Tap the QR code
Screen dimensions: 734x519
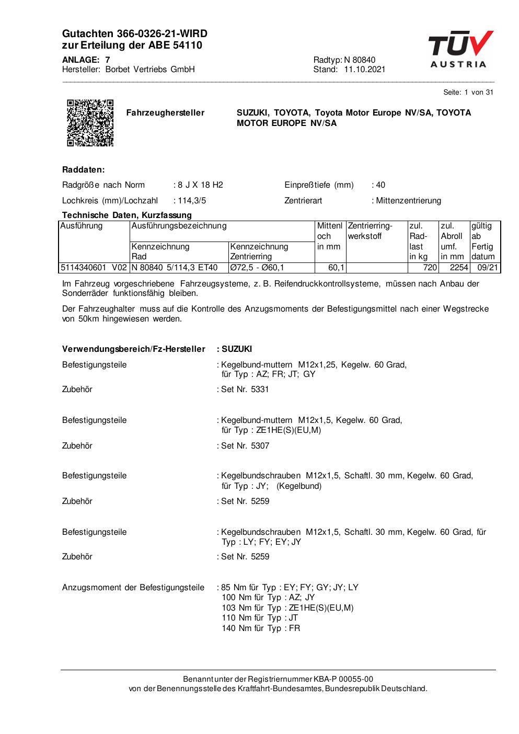(90, 122)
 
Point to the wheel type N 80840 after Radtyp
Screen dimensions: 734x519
(360, 60)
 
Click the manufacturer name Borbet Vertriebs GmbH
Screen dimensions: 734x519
(150, 70)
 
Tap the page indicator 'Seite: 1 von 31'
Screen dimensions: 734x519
(468, 93)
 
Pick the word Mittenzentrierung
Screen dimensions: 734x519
(408, 201)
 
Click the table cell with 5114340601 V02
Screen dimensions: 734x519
(94, 268)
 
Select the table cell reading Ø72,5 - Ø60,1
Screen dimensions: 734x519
(257, 268)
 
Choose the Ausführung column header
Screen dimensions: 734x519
(82, 226)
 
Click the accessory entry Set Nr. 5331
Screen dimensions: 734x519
(245, 389)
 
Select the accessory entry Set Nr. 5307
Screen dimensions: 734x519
(245, 446)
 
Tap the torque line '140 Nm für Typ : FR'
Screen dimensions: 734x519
(261, 628)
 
